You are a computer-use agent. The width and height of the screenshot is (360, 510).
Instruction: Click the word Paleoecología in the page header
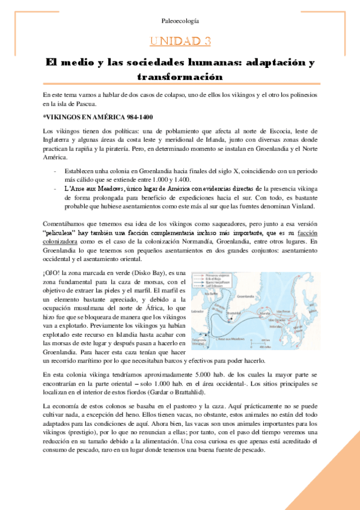tap(180, 21)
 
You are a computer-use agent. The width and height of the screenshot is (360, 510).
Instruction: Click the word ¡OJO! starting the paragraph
tap(52, 274)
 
